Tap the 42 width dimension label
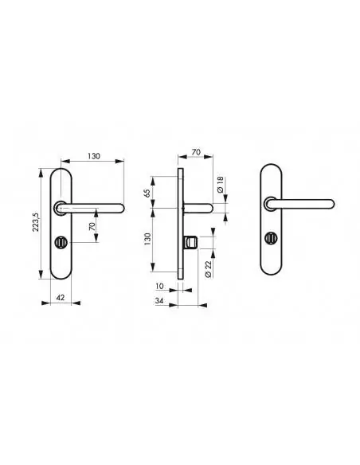point(61,297)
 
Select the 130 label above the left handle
point(94,156)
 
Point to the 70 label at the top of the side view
point(196,152)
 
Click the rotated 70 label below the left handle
point(92,227)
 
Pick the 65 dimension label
point(147,193)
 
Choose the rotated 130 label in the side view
point(147,239)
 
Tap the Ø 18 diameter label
point(220,185)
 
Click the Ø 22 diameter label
point(208,269)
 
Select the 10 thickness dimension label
point(159,286)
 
